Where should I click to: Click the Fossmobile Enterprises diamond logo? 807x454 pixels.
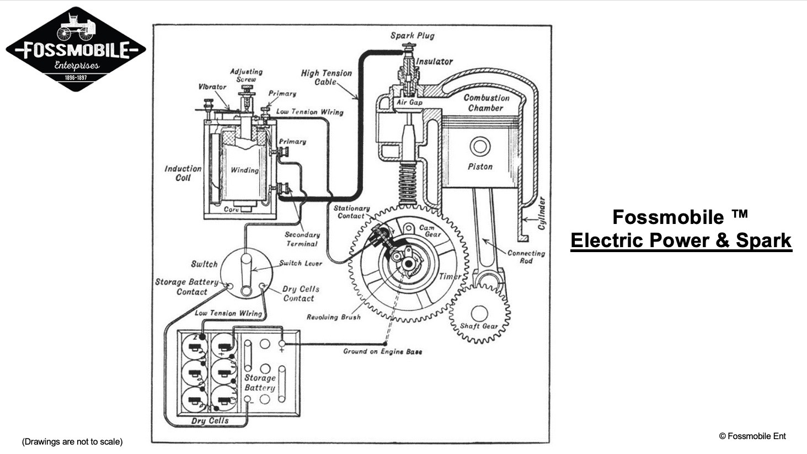coord(76,49)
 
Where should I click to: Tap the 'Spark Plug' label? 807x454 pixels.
coord(413,36)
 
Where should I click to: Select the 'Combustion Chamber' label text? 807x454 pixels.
coord(486,103)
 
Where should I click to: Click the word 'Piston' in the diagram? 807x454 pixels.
coord(480,167)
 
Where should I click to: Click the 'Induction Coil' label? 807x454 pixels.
coord(183,173)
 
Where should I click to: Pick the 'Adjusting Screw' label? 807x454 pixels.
coord(246,76)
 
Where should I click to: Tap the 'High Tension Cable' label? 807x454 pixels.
coord(326,77)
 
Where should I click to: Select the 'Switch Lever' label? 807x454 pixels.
coord(301,263)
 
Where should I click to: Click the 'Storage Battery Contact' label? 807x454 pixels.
coord(186,287)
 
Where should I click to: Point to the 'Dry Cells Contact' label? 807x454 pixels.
coord(300,293)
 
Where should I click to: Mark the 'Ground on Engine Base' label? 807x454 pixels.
coord(382,351)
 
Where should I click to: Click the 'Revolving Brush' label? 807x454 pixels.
coord(334,317)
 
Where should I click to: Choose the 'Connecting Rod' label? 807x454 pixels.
coord(526,257)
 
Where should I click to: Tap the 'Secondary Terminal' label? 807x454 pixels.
coord(302,239)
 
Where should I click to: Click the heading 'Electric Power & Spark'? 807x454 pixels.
coord(681,241)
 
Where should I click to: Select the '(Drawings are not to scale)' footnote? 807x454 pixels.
coord(72,442)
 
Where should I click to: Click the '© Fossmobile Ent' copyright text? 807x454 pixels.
coord(752,436)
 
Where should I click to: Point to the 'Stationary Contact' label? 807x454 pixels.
coord(351,212)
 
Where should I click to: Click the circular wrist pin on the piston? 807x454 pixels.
coord(479,147)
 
